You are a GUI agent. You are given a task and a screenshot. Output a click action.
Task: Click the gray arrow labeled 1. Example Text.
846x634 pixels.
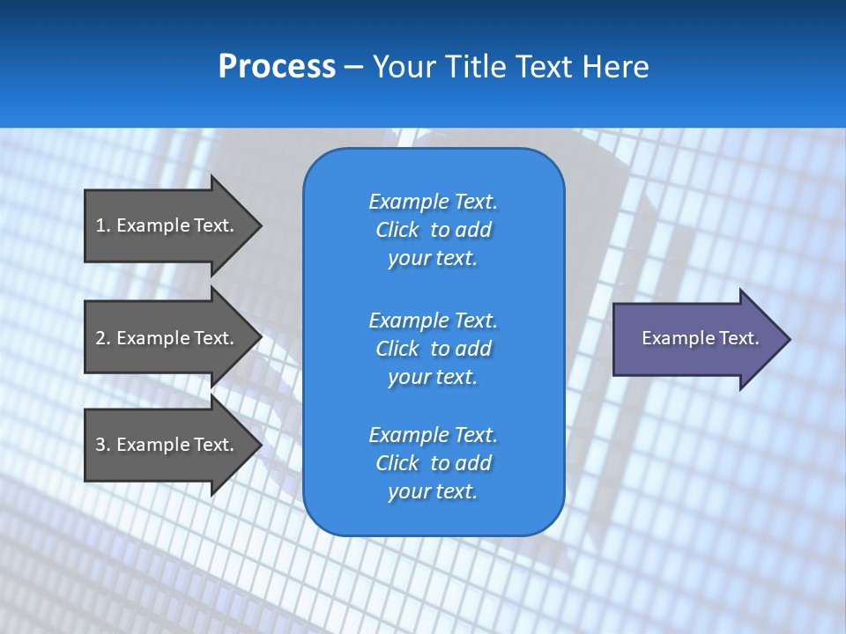coord(167,225)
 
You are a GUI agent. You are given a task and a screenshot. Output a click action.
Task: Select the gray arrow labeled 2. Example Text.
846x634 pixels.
coord(167,338)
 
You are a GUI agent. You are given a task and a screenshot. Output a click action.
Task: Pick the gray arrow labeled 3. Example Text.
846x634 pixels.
coord(167,445)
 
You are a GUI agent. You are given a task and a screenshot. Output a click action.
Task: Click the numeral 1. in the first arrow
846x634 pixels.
coord(103,225)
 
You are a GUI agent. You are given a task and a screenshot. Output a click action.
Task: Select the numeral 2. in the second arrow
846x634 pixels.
coord(103,338)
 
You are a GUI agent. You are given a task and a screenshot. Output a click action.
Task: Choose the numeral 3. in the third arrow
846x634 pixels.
coord(103,445)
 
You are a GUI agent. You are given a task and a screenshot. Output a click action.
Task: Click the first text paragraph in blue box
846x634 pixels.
coord(433,230)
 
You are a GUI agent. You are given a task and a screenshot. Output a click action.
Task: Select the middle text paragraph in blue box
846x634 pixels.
coord(433,348)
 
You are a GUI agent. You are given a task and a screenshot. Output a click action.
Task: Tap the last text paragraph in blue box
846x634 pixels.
coord(433,463)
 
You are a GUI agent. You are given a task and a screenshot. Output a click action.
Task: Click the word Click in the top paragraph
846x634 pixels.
coord(397,230)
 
